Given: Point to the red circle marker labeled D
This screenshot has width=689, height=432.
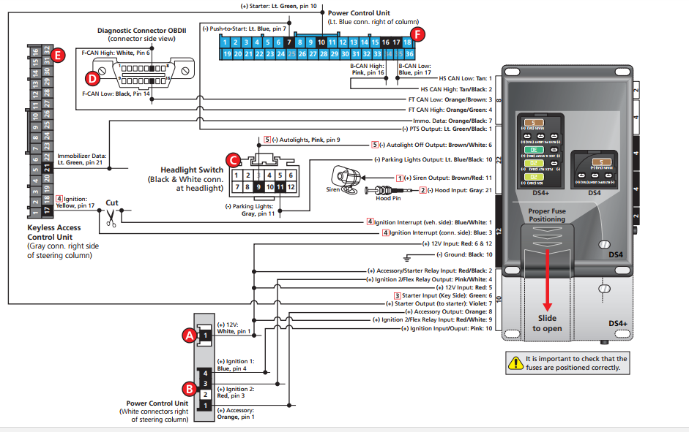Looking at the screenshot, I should [92, 77].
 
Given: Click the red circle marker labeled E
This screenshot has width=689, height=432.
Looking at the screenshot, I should [59, 54].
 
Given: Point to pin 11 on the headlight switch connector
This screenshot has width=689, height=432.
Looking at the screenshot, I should [280, 187].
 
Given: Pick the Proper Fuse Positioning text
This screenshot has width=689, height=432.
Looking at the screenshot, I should [548, 216].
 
